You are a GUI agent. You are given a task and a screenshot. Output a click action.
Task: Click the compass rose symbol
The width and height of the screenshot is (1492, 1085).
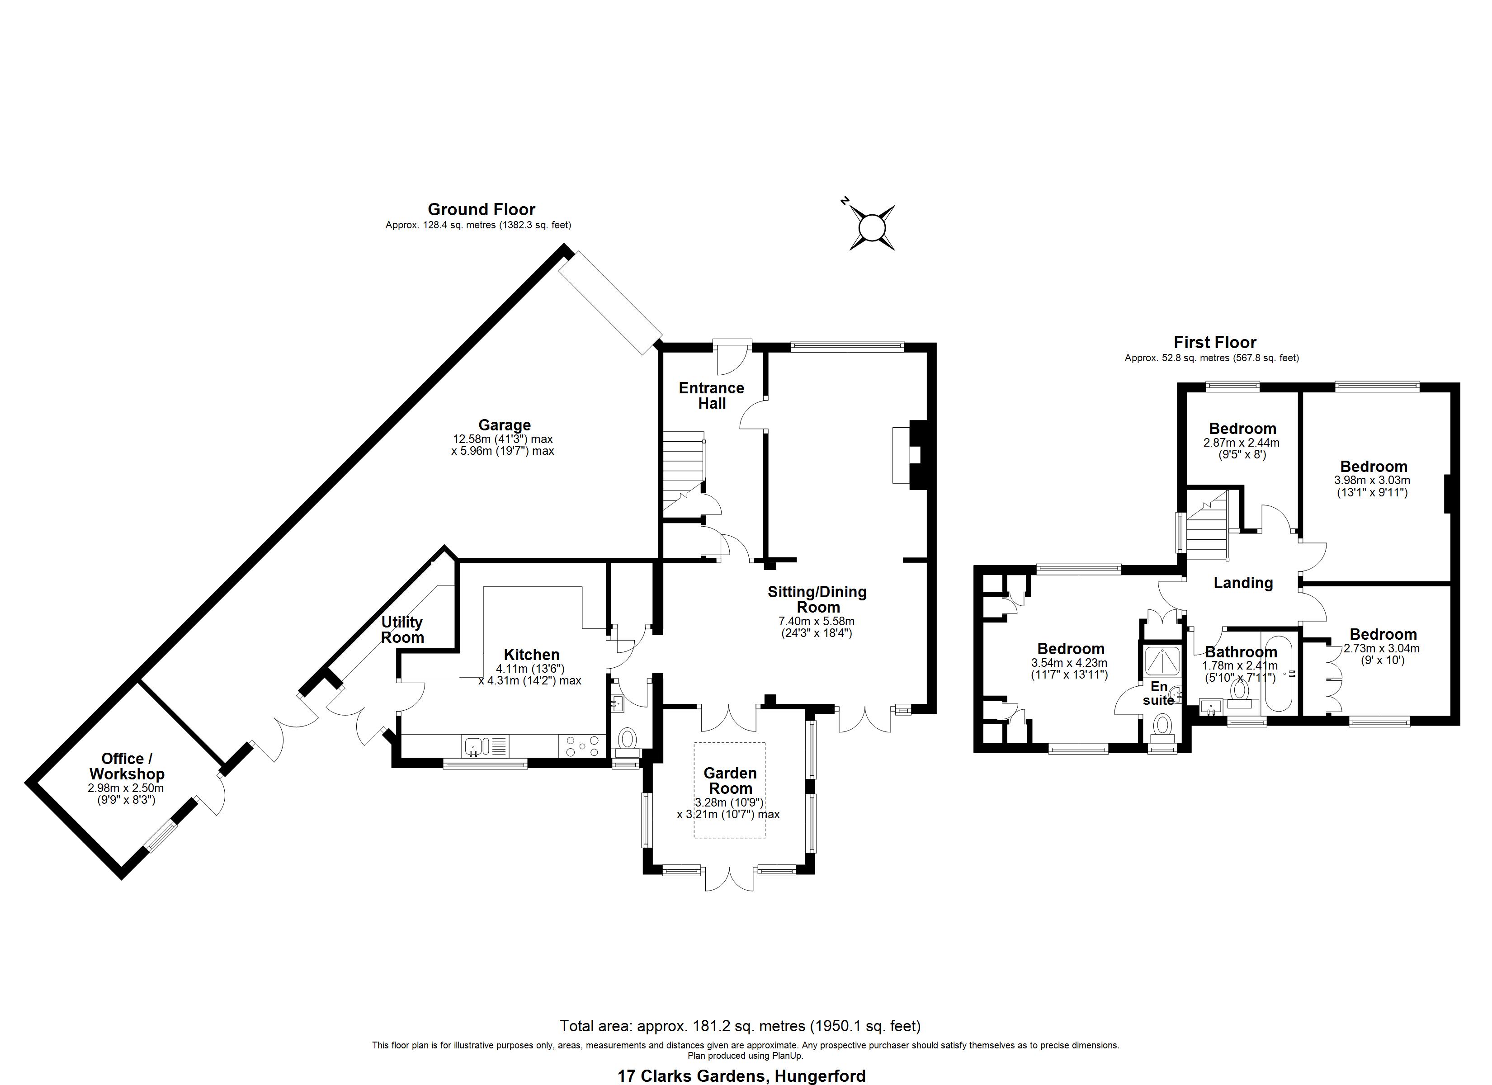[872, 228]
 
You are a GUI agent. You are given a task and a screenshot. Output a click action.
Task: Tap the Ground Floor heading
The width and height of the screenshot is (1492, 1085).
[482, 209]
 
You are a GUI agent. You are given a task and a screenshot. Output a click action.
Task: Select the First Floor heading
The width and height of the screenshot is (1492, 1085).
[1215, 342]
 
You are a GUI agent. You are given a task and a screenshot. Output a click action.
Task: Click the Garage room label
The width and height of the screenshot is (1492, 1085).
[504, 425]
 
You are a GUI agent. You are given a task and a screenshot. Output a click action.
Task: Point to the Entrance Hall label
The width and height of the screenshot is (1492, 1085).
[711, 396]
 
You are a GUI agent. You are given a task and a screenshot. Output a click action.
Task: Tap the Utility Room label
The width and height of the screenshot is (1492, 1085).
[402, 630]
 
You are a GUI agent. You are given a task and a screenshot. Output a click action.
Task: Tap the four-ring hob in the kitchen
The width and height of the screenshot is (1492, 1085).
[582, 746]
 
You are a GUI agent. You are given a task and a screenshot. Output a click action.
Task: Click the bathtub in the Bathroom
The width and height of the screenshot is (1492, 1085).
[1278, 673]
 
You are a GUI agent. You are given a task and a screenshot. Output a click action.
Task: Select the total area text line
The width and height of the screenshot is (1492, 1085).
[740, 1026]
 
